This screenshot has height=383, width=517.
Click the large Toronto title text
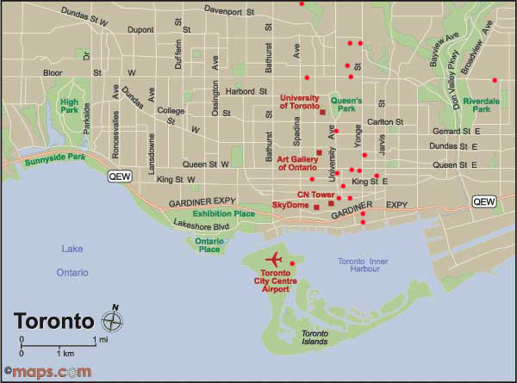pyautogui.click(x=53, y=322)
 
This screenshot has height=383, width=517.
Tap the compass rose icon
pyautogui.click(x=112, y=321)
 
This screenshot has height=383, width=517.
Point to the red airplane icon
pyautogui.click(x=276, y=258)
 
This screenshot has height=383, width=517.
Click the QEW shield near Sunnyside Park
pyautogui.click(x=118, y=176)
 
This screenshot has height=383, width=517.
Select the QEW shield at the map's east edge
pyautogui.click(x=484, y=201)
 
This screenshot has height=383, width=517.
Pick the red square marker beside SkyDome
pyautogui.click(x=316, y=207)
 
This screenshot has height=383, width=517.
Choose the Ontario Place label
pyautogui.click(x=208, y=244)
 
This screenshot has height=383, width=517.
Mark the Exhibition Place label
pyautogui.click(x=223, y=213)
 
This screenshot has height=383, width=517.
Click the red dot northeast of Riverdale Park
pyautogui.click(x=495, y=80)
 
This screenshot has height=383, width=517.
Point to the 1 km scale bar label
pyautogui.click(x=65, y=354)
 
